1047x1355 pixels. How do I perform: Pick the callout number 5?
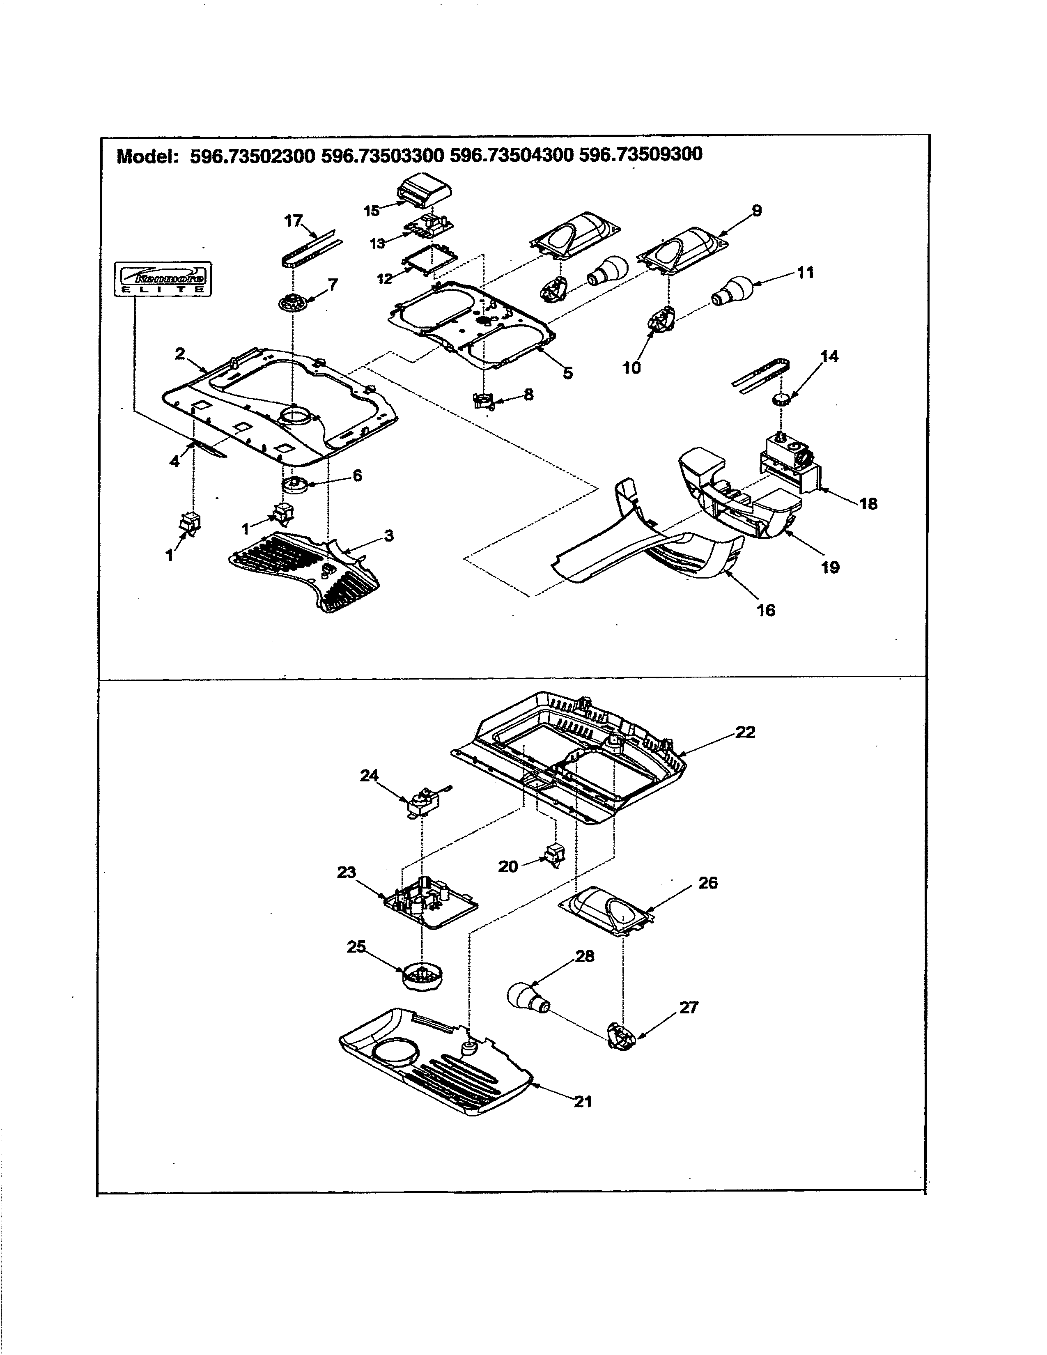click(x=567, y=373)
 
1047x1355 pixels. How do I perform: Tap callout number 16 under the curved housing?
click(x=765, y=610)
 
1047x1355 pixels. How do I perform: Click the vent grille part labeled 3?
click(x=304, y=571)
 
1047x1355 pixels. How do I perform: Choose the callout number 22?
click(x=745, y=732)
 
